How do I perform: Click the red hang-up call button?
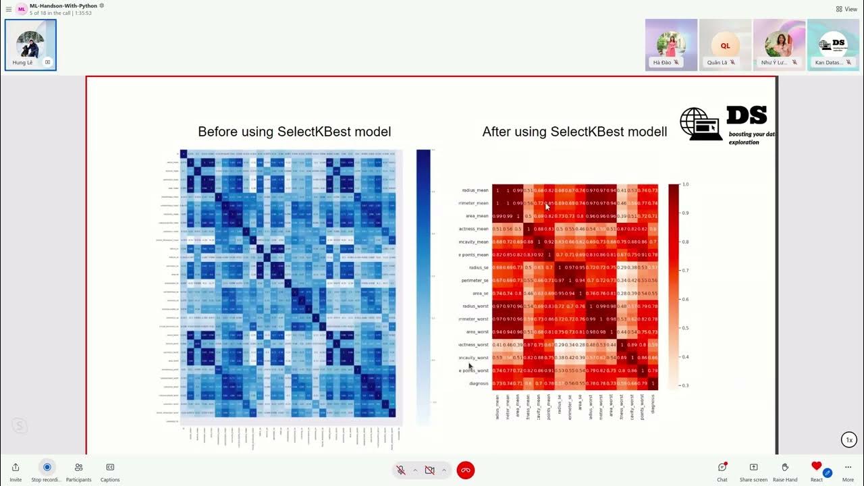(x=465, y=470)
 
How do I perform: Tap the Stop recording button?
(x=47, y=467)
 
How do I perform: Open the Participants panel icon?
(x=78, y=467)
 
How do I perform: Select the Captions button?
(x=110, y=467)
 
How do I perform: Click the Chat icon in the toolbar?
(x=722, y=467)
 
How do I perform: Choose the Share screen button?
(x=753, y=467)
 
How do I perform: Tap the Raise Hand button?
(x=785, y=467)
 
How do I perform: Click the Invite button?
(x=16, y=467)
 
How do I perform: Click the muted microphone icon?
(x=401, y=470)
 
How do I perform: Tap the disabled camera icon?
(x=429, y=470)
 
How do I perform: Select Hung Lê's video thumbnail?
(x=30, y=45)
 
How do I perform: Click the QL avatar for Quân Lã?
(x=725, y=45)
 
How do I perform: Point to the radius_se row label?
(x=477, y=267)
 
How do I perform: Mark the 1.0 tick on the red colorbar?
(x=685, y=184)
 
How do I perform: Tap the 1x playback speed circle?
(x=849, y=440)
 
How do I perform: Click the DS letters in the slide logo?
(x=747, y=115)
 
